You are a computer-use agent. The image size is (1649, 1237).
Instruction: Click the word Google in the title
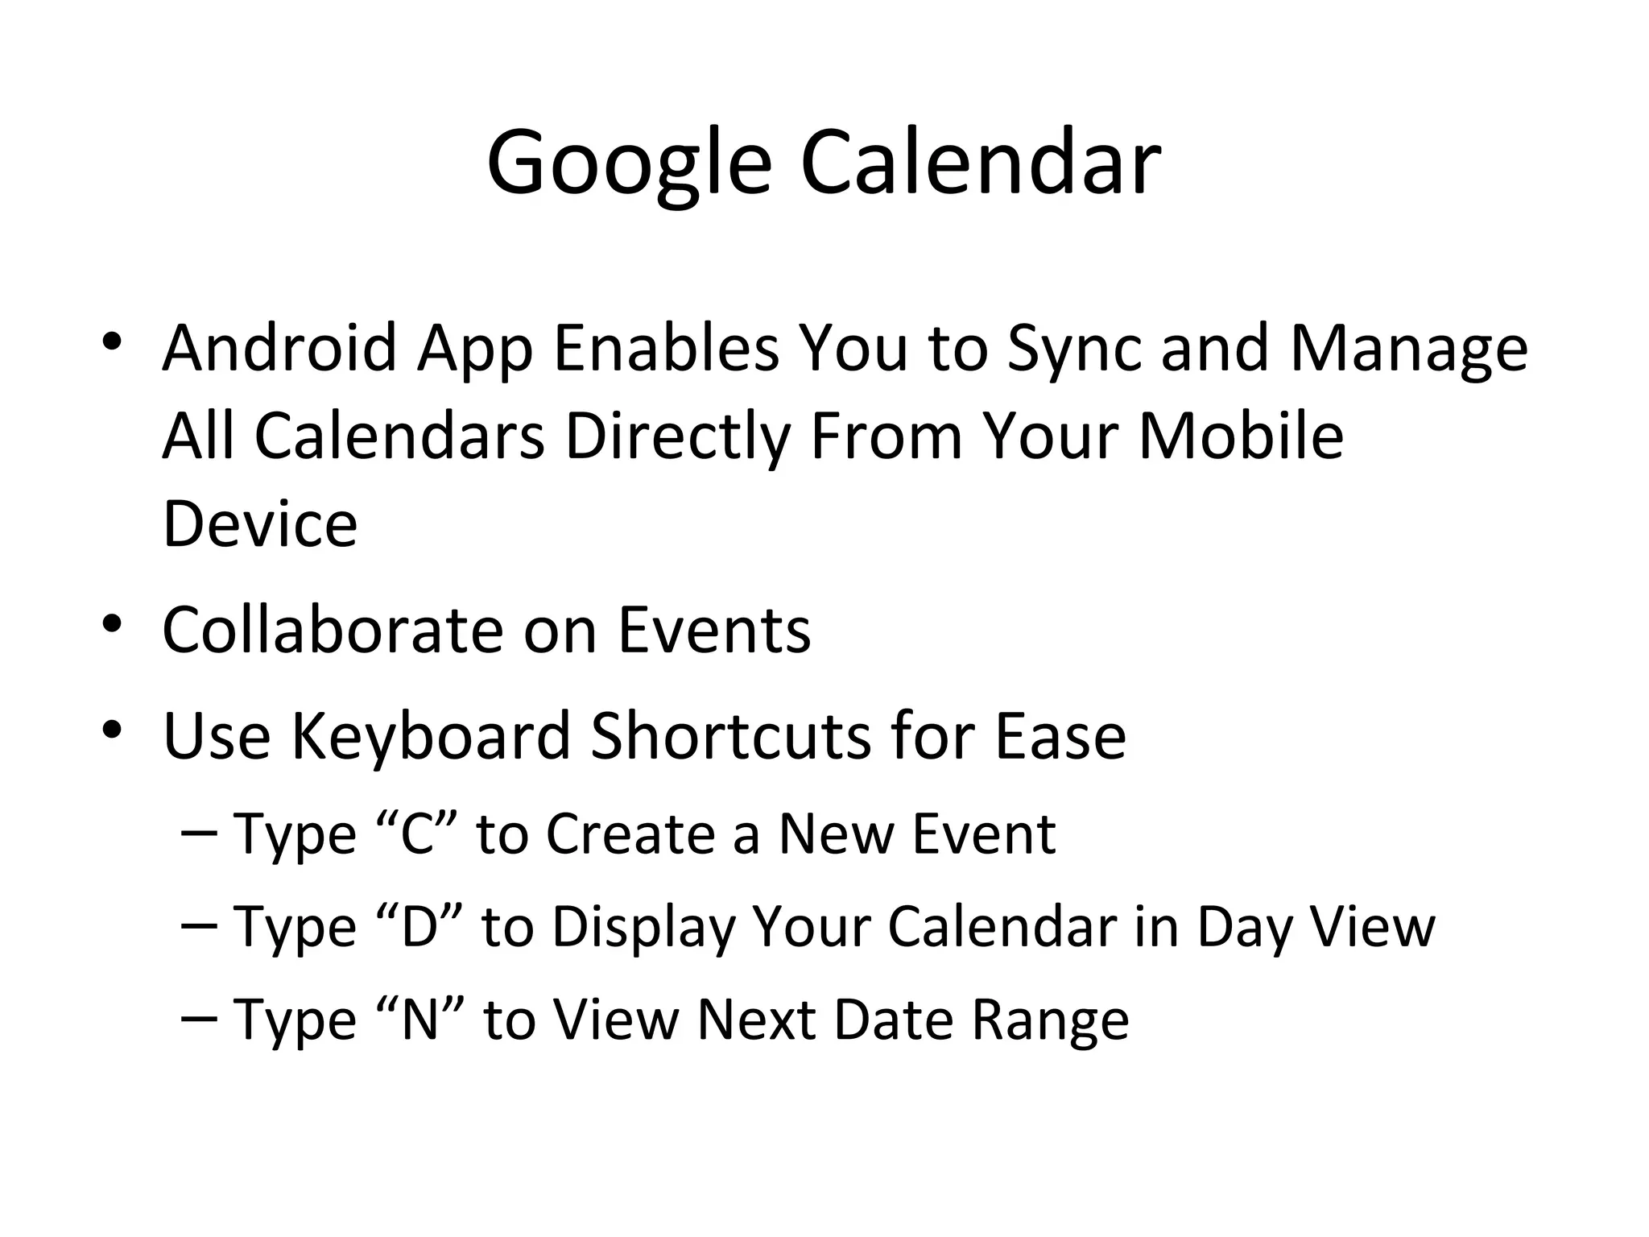pyautogui.click(x=629, y=163)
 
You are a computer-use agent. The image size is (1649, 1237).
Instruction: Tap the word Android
pyautogui.click(x=279, y=348)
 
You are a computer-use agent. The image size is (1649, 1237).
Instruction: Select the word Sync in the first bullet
pyautogui.click(x=1075, y=348)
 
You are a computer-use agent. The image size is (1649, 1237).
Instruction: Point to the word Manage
pyautogui.click(x=1408, y=348)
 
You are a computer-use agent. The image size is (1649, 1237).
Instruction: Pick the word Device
pyautogui.click(x=259, y=524)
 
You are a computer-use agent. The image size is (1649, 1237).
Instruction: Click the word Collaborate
pyautogui.click(x=333, y=629)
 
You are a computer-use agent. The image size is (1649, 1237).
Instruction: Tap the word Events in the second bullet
pyautogui.click(x=714, y=629)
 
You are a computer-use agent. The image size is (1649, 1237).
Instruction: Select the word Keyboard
pyautogui.click(x=431, y=735)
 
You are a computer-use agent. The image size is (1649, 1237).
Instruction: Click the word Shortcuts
pyautogui.click(x=730, y=735)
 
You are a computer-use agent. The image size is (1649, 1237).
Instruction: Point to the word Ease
pyautogui.click(x=1060, y=735)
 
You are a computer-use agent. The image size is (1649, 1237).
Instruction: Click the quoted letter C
pyautogui.click(x=417, y=834)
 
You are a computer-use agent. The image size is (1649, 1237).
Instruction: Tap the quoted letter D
pyautogui.click(x=419, y=926)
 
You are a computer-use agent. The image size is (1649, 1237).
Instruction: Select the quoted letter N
pyautogui.click(x=419, y=1020)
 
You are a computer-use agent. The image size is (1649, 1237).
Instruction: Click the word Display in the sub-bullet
pyautogui.click(x=644, y=926)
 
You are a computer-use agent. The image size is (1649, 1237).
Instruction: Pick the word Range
pyautogui.click(x=1050, y=1020)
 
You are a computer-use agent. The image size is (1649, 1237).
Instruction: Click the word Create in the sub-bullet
pyautogui.click(x=630, y=834)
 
